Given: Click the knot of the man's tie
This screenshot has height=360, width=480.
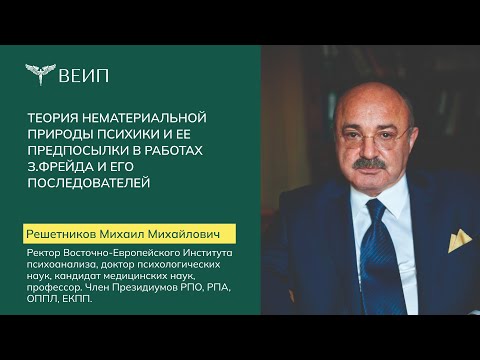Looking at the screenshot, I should [x=376, y=210].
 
